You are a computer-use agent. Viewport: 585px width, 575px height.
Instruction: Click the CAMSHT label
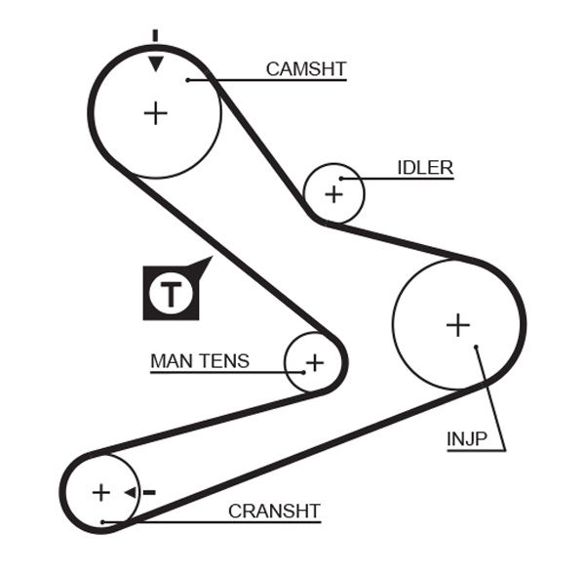pyautogui.click(x=306, y=68)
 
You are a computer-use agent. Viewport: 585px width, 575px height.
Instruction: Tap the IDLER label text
pyautogui.click(x=425, y=168)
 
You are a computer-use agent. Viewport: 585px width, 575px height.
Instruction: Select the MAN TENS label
pyautogui.click(x=200, y=361)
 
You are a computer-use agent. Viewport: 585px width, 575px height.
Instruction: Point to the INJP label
pyautogui.click(x=467, y=438)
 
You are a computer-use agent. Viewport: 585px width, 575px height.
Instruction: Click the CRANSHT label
pyautogui.click(x=274, y=511)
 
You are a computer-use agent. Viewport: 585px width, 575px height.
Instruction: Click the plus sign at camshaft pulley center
pyautogui.click(x=155, y=113)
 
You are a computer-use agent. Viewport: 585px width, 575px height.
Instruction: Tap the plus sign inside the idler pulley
pyautogui.click(x=334, y=193)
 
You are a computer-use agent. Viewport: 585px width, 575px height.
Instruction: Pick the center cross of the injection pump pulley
pyautogui.click(x=457, y=324)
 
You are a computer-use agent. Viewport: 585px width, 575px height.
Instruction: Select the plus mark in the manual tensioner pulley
pyautogui.click(x=314, y=364)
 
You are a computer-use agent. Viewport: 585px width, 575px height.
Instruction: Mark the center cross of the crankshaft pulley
pyautogui.click(x=101, y=492)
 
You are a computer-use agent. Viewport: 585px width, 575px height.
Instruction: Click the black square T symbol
pyautogui.click(x=173, y=292)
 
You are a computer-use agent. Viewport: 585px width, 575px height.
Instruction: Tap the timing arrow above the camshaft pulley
pyautogui.click(x=155, y=60)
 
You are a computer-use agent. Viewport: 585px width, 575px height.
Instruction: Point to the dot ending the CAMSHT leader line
pyautogui.click(x=188, y=79)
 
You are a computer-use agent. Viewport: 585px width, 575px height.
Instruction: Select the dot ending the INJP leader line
pyautogui.click(x=475, y=347)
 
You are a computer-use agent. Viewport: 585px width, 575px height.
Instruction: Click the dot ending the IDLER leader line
pyautogui.click(x=341, y=179)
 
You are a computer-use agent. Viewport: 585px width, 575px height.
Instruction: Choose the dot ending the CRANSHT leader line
pyautogui.click(x=102, y=522)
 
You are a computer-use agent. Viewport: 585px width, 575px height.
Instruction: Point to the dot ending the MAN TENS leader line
pyautogui.click(x=303, y=372)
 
